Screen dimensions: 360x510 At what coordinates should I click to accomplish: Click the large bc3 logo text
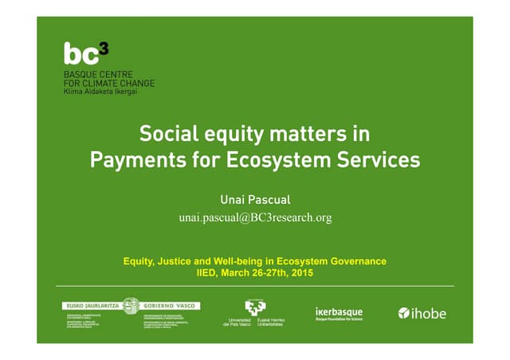[80, 54]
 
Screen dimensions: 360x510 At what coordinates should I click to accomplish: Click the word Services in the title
[379, 159]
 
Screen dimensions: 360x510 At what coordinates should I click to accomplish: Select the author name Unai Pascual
[255, 198]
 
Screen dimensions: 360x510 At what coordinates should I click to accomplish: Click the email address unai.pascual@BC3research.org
[255, 217]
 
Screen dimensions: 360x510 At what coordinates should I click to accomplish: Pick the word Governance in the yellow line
[353, 261]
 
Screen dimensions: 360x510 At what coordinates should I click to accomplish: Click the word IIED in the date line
[209, 272]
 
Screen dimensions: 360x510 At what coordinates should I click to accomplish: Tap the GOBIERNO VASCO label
[171, 305]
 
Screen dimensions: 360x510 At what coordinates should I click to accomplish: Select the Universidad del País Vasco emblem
[255, 307]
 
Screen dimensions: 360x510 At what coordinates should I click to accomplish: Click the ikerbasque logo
[339, 312]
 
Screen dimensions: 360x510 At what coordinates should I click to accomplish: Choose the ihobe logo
[422, 313]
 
